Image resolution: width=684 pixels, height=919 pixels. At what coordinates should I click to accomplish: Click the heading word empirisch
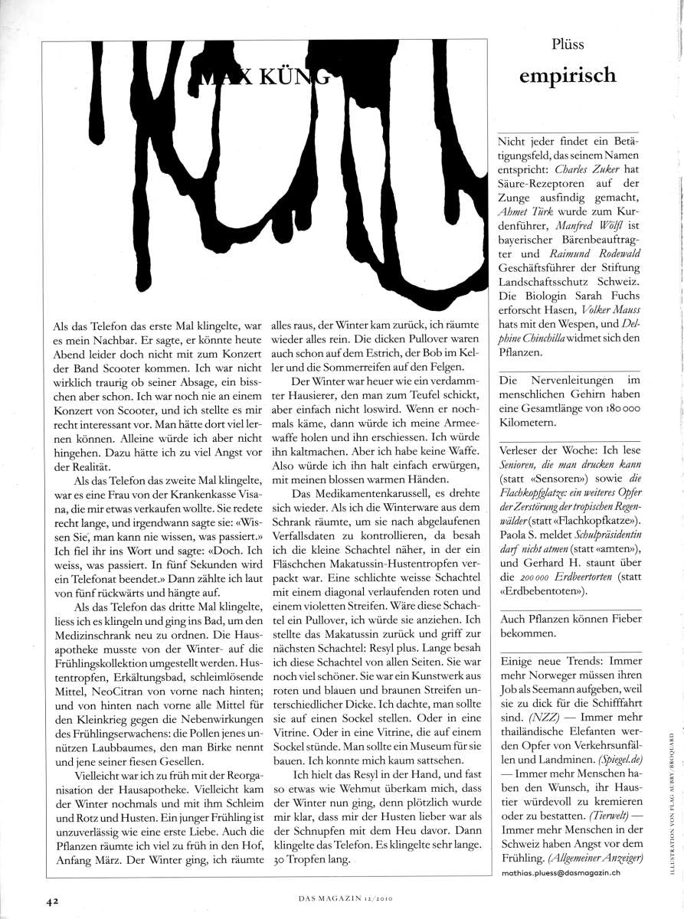pyautogui.click(x=568, y=75)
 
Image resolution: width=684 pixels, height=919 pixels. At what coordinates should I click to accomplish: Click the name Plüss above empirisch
pyautogui.click(x=568, y=44)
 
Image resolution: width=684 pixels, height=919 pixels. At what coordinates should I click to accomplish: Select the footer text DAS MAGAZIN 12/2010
pyautogui.click(x=342, y=901)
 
